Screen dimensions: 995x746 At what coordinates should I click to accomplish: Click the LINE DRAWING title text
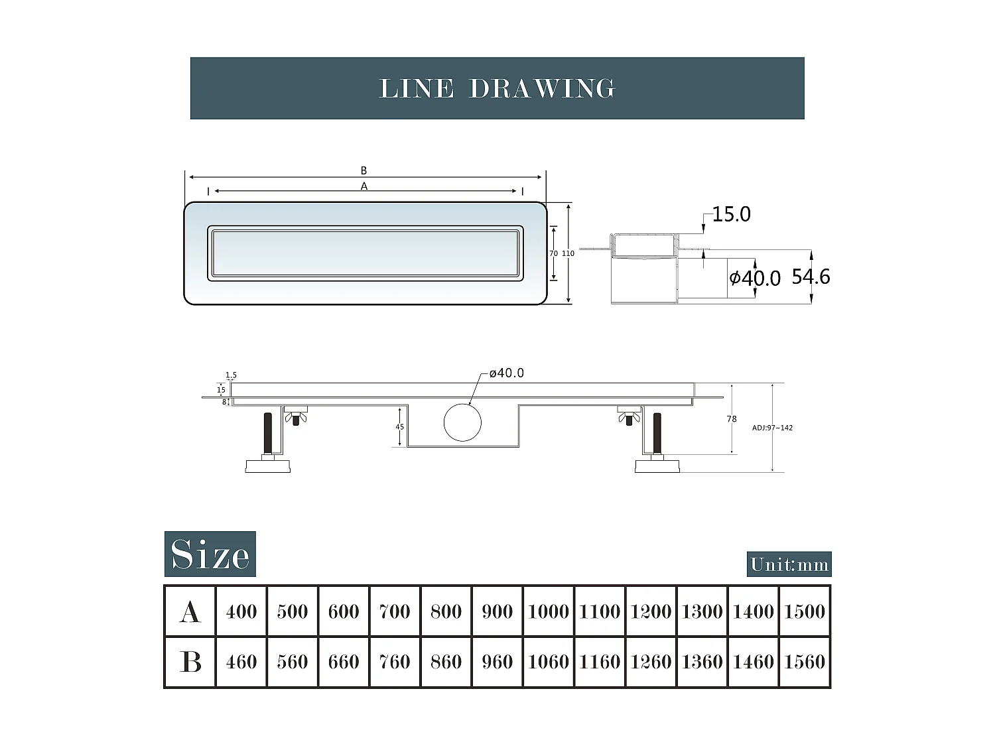[497, 88]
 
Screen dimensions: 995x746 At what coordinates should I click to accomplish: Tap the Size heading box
[210, 554]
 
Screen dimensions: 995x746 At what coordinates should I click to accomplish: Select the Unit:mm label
[789, 564]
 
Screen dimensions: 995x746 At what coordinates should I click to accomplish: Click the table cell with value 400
[241, 611]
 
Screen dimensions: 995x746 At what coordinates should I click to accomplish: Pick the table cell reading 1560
[805, 662]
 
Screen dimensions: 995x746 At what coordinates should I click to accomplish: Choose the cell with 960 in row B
[497, 662]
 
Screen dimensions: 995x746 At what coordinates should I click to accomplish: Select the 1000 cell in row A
[549, 611]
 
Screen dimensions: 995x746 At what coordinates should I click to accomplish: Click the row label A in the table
[190, 611]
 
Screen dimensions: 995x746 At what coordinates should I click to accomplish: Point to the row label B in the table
[190, 662]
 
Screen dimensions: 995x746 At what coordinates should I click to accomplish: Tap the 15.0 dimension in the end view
[731, 214]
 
